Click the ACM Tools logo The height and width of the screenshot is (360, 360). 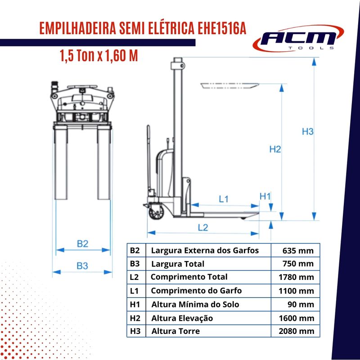[298, 39]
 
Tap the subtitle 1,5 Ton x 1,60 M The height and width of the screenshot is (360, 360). [99, 55]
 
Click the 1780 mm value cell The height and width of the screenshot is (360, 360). [296, 277]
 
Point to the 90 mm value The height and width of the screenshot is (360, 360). [301, 305]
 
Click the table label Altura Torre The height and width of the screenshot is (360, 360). [175, 331]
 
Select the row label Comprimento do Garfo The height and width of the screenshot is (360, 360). [196, 291]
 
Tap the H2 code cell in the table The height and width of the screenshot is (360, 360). [135, 318]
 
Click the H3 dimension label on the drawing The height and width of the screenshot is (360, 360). [307, 131]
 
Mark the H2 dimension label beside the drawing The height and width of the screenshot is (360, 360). [275, 149]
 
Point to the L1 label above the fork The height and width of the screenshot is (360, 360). [224, 199]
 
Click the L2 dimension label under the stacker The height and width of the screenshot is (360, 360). [203, 228]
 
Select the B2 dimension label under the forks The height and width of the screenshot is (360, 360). [83, 243]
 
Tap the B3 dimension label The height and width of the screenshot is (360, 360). [82, 266]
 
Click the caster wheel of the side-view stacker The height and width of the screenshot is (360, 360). [157, 212]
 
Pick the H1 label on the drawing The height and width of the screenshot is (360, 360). [265, 197]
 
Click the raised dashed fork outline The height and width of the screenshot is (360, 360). [229, 86]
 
